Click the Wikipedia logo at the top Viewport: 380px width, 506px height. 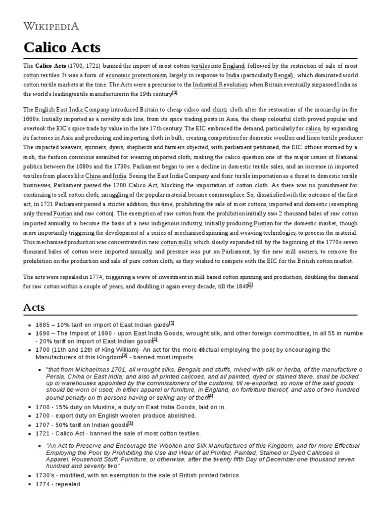(51, 26)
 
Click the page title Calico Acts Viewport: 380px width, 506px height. (62, 47)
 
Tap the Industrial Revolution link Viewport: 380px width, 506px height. (220, 85)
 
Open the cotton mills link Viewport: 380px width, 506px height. (176, 243)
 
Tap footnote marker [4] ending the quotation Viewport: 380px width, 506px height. (210, 396)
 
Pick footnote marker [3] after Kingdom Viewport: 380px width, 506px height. (125, 356)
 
